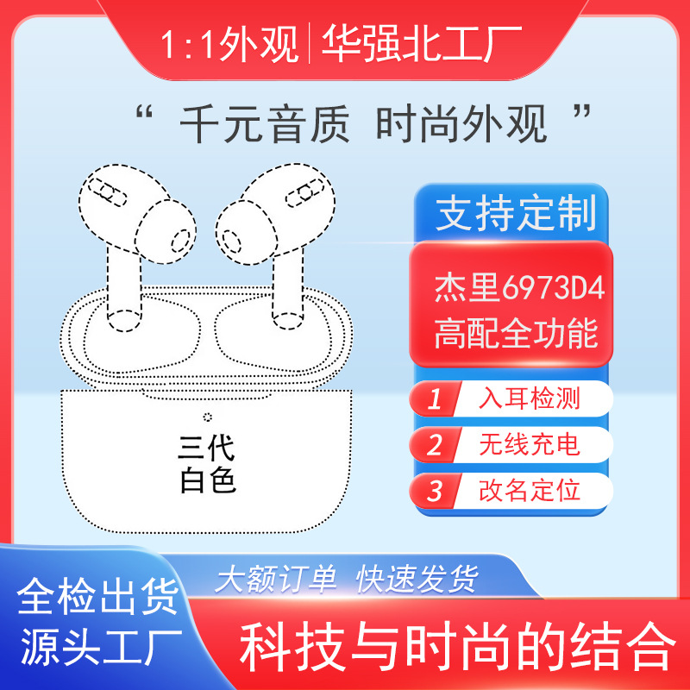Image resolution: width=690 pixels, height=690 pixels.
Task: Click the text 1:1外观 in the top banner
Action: (229, 44)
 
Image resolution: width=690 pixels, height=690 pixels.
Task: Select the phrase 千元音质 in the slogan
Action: (265, 124)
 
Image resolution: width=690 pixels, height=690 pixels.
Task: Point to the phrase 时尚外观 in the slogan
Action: (461, 124)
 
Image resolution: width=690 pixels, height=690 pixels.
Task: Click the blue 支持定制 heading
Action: (516, 213)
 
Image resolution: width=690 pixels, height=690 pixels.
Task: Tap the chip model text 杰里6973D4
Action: (519, 287)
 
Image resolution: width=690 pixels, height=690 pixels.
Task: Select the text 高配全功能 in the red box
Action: (516, 333)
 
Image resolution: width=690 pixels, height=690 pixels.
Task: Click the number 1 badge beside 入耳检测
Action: (435, 398)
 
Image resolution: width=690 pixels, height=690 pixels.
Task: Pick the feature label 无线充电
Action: (530, 444)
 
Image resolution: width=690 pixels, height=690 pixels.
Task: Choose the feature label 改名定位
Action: (530, 490)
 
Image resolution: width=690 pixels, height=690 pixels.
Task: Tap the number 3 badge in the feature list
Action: (435, 490)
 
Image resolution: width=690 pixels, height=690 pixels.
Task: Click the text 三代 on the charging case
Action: (206, 448)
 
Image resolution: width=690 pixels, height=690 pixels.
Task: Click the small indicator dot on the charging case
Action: (207, 417)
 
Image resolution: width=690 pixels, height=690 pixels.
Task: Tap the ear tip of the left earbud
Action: (166, 231)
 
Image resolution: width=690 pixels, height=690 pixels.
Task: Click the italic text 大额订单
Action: (275, 579)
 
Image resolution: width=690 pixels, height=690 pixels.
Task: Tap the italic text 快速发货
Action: (417, 579)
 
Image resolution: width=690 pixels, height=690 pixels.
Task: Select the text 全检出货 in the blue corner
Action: (98, 597)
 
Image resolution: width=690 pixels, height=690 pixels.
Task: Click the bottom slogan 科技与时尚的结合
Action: (458, 646)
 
